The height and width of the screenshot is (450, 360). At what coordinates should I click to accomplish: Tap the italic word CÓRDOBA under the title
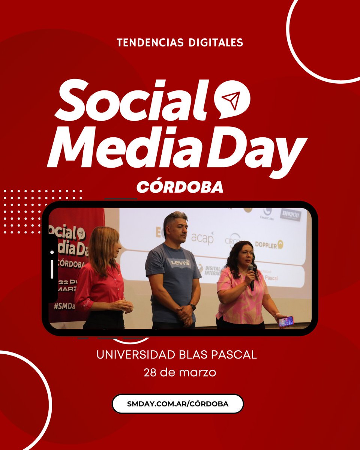180,186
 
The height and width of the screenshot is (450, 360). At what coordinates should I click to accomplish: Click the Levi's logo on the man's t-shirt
178,263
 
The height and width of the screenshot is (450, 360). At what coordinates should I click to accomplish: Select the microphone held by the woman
251,277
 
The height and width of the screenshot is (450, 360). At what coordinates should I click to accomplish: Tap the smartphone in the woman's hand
286,321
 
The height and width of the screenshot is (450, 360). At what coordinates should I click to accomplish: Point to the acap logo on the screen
202,238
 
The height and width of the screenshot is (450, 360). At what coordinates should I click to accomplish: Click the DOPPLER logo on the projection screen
269,245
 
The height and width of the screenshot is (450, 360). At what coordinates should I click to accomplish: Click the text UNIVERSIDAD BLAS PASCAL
177,355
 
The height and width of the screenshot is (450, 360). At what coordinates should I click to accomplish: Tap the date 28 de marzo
180,373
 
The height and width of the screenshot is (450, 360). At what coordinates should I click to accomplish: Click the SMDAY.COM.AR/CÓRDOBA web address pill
178,404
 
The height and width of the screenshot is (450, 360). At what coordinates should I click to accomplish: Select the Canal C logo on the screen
267,214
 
